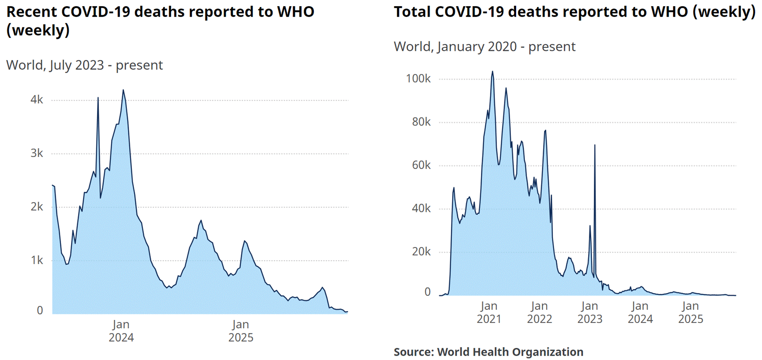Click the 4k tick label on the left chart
(37, 100)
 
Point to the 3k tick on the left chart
(37, 153)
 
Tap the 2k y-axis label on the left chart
(37, 207)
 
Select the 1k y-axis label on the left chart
(37, 260)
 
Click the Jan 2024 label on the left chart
(121, 331)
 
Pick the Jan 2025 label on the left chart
(241, 331)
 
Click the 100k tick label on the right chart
(418, 78)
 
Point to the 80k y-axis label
(421, 122)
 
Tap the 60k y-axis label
(421, 165)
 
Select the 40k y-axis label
(421, 208)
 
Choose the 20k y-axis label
(421, 251)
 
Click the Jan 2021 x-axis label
(489, 312)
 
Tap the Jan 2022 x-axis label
(540, 312)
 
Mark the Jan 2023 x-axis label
(590, 312)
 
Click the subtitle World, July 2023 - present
(85, 65)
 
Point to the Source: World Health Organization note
(488, 352)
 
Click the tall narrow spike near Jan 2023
(595, 146)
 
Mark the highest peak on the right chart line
(493, 72)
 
